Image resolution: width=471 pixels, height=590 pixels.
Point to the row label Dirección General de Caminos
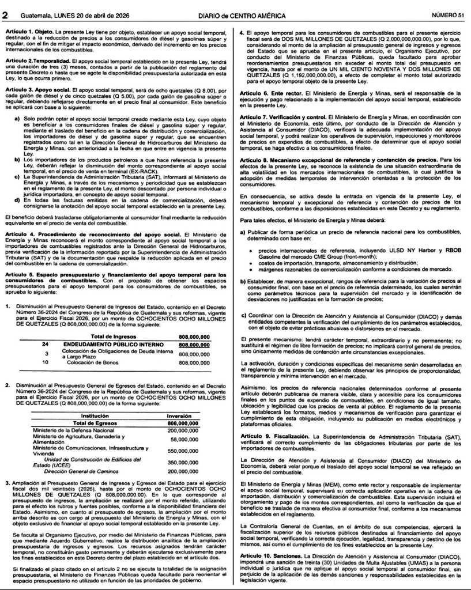(x=80, y=471)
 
